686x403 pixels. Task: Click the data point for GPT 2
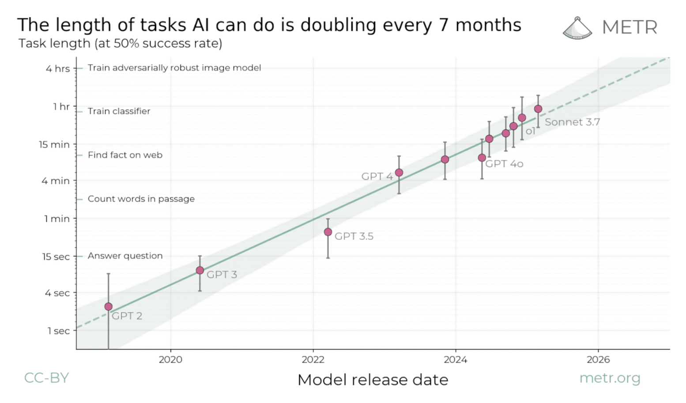[108, 306]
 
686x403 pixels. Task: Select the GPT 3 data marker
[200, 270]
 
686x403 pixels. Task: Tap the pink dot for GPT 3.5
[328, 232]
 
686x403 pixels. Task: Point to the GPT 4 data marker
[399, 172]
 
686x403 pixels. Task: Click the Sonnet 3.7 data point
[538, 109]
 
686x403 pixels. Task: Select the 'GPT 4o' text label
[504, 164]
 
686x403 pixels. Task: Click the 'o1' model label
[530, 131]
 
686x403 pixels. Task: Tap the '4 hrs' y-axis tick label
[58, 69]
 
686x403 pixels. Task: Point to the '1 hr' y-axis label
[61, 107]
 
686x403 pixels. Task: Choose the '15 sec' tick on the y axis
[56, 257]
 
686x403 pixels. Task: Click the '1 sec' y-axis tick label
[59, 331]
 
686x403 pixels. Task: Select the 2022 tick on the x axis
[313, 360]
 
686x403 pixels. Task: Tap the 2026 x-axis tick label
[598, 360]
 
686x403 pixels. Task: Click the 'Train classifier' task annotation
[119, 111]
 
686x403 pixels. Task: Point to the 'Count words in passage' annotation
[141, 199]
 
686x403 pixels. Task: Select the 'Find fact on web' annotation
[125, 155]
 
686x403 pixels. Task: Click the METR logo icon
[577, 28]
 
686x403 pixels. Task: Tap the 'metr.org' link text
[610, 378]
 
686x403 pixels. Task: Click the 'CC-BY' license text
[46, 378]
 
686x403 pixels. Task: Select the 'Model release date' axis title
[373, 380]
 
